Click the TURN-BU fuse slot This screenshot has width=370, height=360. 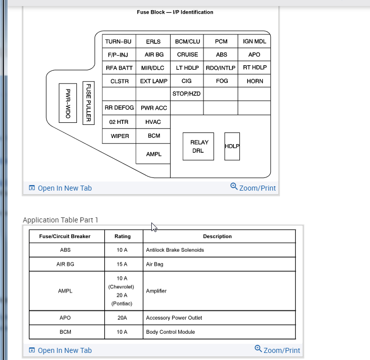(118, 41)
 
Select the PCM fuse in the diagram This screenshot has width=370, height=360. (221, 41)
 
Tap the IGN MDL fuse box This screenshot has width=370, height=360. (255, 41)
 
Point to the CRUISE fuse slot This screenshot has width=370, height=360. (187, 55)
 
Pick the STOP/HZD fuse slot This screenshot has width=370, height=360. (187, 94)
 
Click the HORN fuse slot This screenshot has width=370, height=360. (255, 81)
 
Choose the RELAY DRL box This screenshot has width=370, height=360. (199, 147)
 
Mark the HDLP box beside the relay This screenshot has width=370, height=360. (232, 146)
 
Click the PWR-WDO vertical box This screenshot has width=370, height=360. (68, 103)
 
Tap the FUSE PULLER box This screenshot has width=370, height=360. (89, 103)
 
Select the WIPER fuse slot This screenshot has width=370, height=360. (119, 136)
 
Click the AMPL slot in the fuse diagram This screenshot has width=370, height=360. (153, 154)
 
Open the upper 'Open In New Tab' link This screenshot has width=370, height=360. (60, 188)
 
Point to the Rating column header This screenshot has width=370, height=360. (122, 236)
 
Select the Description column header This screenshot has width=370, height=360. (217, 236)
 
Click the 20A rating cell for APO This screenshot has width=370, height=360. (122, 318)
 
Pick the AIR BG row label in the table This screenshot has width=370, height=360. (65, 264)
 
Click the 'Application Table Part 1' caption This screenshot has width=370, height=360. (61, 220)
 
